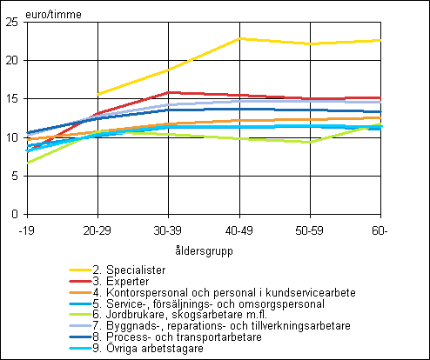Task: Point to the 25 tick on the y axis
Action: tap(12, 23)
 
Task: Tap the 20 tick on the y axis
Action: tap(12, 61)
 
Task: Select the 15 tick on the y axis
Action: tap(12, 99)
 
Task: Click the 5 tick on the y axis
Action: tap(15, 176)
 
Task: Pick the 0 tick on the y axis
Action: tap(15, 214)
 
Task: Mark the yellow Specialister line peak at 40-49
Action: tap(239, 38)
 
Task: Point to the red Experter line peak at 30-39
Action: tap(169, 92)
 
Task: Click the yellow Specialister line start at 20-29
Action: tap(98, 94)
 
